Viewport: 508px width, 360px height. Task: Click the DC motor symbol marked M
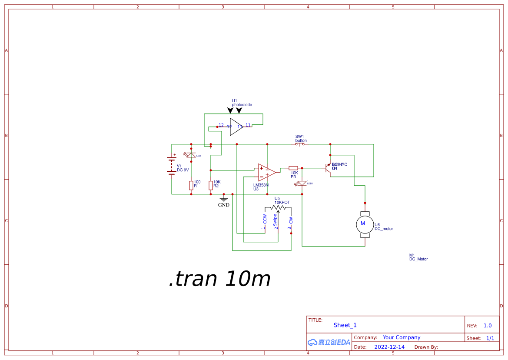pyautogui.click(x=363, y=224)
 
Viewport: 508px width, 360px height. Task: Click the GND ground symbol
pyautogui.click(x=224, y=200)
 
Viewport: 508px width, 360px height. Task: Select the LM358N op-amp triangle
pyautogui.click(x=266, y=172)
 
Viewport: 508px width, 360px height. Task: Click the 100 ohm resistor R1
pyautogui.click(x=191, y=186)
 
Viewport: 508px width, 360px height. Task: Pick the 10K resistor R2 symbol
pyautogui.click(x=211, y=186)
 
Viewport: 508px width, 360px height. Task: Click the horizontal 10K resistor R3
pyautogui.click(x=293, y=168)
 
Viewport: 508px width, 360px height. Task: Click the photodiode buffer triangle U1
pyautogui.click(x=236, y=127)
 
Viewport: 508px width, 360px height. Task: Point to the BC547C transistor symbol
pyautogui.click(x=328, y=168)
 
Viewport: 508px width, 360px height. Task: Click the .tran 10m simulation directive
pyautogui.click(x=219, y=279)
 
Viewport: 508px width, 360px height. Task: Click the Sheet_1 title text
pyautogui.click(x=345, y=325)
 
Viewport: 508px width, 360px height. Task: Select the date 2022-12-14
pyautogui.click(x=389, y=347)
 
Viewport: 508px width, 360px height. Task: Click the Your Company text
pyautogui.click(x=402, y=337)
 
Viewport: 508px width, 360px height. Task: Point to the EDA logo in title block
pyautogui.click(x=329, y=342)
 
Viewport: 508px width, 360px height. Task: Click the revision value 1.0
pyautogui.click(x=488, y=326)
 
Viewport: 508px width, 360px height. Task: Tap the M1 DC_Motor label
pyautogui.click(x=418, y=257)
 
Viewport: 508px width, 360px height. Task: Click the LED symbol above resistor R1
pyautogui.click(x=191, y=155)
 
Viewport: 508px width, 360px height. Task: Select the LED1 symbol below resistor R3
pyautogui.click(x=301, y=183)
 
